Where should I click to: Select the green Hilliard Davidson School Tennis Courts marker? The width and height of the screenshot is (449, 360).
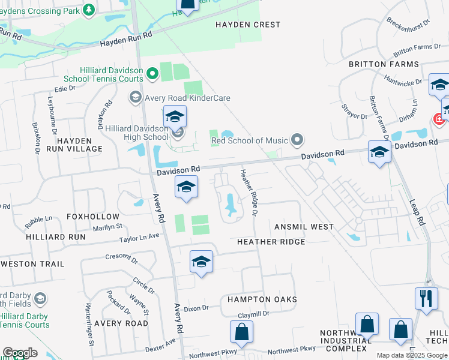click(152, 74)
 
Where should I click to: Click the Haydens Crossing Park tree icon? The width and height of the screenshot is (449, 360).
click(89, 9)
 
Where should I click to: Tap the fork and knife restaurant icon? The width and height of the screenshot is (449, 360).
click(426, 298)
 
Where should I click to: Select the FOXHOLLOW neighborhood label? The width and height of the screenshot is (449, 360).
click(93, 216)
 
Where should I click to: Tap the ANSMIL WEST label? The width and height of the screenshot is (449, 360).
click(304, 227)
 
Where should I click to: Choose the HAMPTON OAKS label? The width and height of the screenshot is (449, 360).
click(262, 299)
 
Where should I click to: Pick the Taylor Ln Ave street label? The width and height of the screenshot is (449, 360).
click(139, 237)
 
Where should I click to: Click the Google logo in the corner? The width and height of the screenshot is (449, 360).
click(20, 353)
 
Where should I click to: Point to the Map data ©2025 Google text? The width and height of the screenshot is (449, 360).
click(411, 355)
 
